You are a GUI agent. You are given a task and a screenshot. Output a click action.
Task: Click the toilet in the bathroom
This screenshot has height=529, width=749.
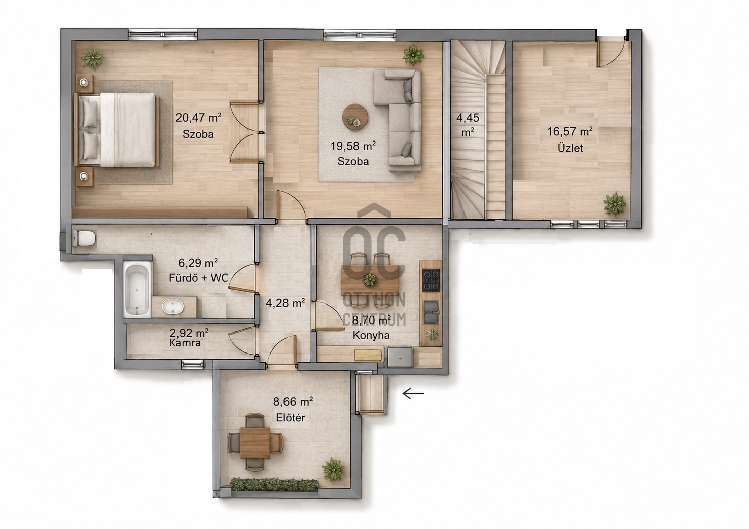84,238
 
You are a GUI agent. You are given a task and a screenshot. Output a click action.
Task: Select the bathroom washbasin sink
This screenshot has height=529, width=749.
172,307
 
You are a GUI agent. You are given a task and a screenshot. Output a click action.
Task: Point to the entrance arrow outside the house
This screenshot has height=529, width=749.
413,393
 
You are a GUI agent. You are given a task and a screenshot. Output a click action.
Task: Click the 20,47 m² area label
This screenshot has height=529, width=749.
198,118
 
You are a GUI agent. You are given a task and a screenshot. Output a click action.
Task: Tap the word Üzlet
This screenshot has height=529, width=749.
570,148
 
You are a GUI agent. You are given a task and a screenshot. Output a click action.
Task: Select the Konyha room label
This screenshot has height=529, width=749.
371,335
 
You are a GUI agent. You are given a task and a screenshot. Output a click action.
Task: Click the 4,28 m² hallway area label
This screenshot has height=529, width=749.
285,303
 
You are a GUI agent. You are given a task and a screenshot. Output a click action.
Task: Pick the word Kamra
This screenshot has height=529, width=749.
185,343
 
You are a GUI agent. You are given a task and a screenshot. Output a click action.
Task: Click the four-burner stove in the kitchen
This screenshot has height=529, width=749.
431,280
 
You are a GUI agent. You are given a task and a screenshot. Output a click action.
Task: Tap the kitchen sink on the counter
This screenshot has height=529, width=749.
431,312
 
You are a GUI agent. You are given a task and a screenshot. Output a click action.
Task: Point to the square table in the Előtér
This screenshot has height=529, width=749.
255,442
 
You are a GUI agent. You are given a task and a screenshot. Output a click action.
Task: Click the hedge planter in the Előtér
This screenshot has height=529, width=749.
274,484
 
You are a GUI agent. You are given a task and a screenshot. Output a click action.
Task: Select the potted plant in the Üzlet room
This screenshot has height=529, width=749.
615,203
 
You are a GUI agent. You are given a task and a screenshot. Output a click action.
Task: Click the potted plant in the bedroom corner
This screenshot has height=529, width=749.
93,58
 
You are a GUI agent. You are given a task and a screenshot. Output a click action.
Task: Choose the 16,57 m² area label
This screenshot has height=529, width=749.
570,131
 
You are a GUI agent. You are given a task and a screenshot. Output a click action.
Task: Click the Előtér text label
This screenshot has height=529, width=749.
291,417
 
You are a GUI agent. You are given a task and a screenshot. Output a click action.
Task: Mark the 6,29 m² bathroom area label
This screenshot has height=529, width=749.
198,263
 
